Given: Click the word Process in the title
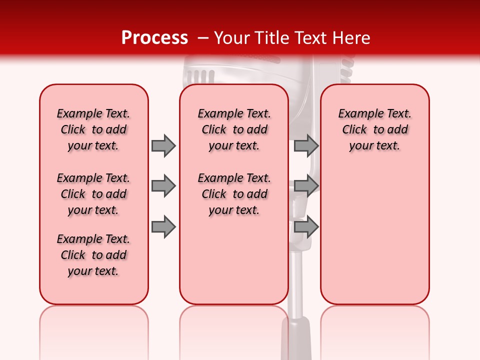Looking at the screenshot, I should pyautogui.click(x=154, y=38).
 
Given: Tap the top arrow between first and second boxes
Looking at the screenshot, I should pyautogui.click(x=163, y=145).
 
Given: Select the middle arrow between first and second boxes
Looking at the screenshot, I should pyautogui.click(x=163, y=186).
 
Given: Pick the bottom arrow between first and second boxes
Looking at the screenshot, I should pyautogui.click(x=163, y=227).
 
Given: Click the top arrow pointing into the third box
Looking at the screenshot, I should pyautogui.click(x=305, y=145).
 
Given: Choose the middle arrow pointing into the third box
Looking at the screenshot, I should pyautogui.click(x=305, y=186).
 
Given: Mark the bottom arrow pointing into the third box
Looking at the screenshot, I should pyautogui.click(x=305, y=227).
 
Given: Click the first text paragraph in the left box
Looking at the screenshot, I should pyautogui.click(x=93, y=129).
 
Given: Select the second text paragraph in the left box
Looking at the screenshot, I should pyautogui.click(x=93, y=194).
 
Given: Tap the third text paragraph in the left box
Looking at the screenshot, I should pyautogui.click(x=93, y=255).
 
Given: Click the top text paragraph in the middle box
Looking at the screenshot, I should pyautogui.click(x=234, y=129).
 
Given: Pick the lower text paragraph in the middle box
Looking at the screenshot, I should pyautogui.click(x=234, y=194).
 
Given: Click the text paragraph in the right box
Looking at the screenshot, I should pyautogui.click(x=374, y=129).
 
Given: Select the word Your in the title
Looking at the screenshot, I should pyautogui.click(x=232, y=38).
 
